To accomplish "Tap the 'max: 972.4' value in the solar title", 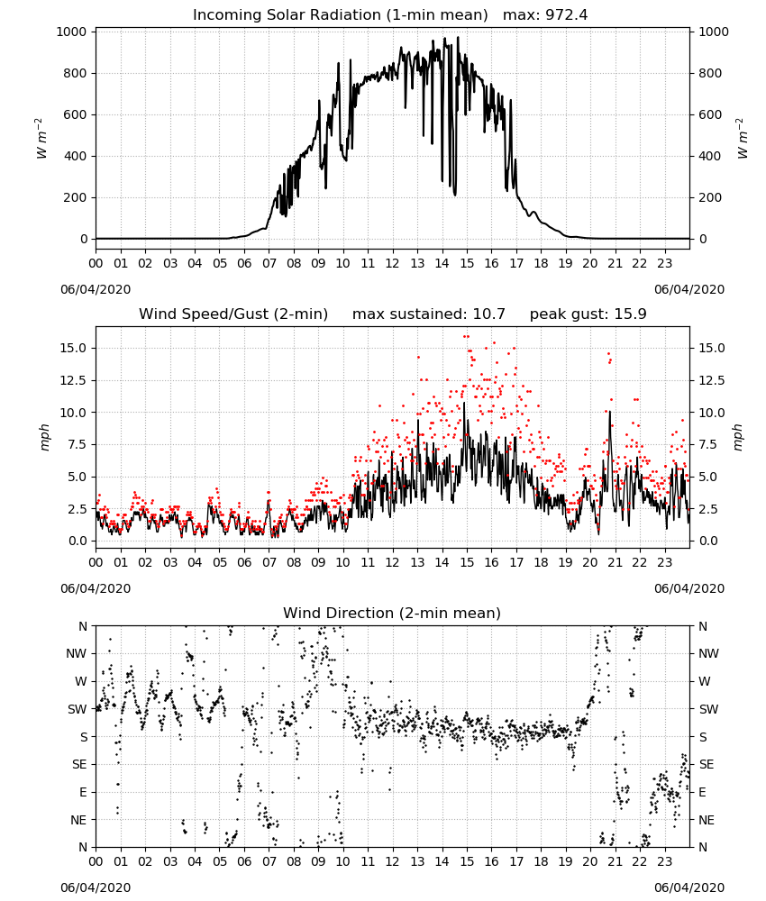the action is pos(545,15).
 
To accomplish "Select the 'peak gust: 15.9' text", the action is pos(588,314).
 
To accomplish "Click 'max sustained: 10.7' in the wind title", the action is pos(429,314).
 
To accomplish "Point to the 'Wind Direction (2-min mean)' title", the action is pos(392,613).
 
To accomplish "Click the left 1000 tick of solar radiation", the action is pos(72,32).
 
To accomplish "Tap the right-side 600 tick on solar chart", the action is pos(710,114).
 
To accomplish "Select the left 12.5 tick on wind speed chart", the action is pos(74,380).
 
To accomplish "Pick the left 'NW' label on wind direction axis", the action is pos(77,653).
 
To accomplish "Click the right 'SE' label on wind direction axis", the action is pos(707,764).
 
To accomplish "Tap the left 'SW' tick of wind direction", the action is pos(78,709).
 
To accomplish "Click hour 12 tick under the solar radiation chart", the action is pos(393,264).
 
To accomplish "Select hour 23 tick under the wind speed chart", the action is pos(664,562).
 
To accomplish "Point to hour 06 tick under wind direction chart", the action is pos(244,861).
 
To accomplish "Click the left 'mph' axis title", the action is pos(45,437).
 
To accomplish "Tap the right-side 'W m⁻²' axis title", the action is pos(743,139).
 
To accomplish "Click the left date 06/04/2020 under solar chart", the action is pos(96,289).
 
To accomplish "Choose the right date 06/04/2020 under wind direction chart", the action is pos(689,887).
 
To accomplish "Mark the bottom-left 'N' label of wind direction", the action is pos(83,847).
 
